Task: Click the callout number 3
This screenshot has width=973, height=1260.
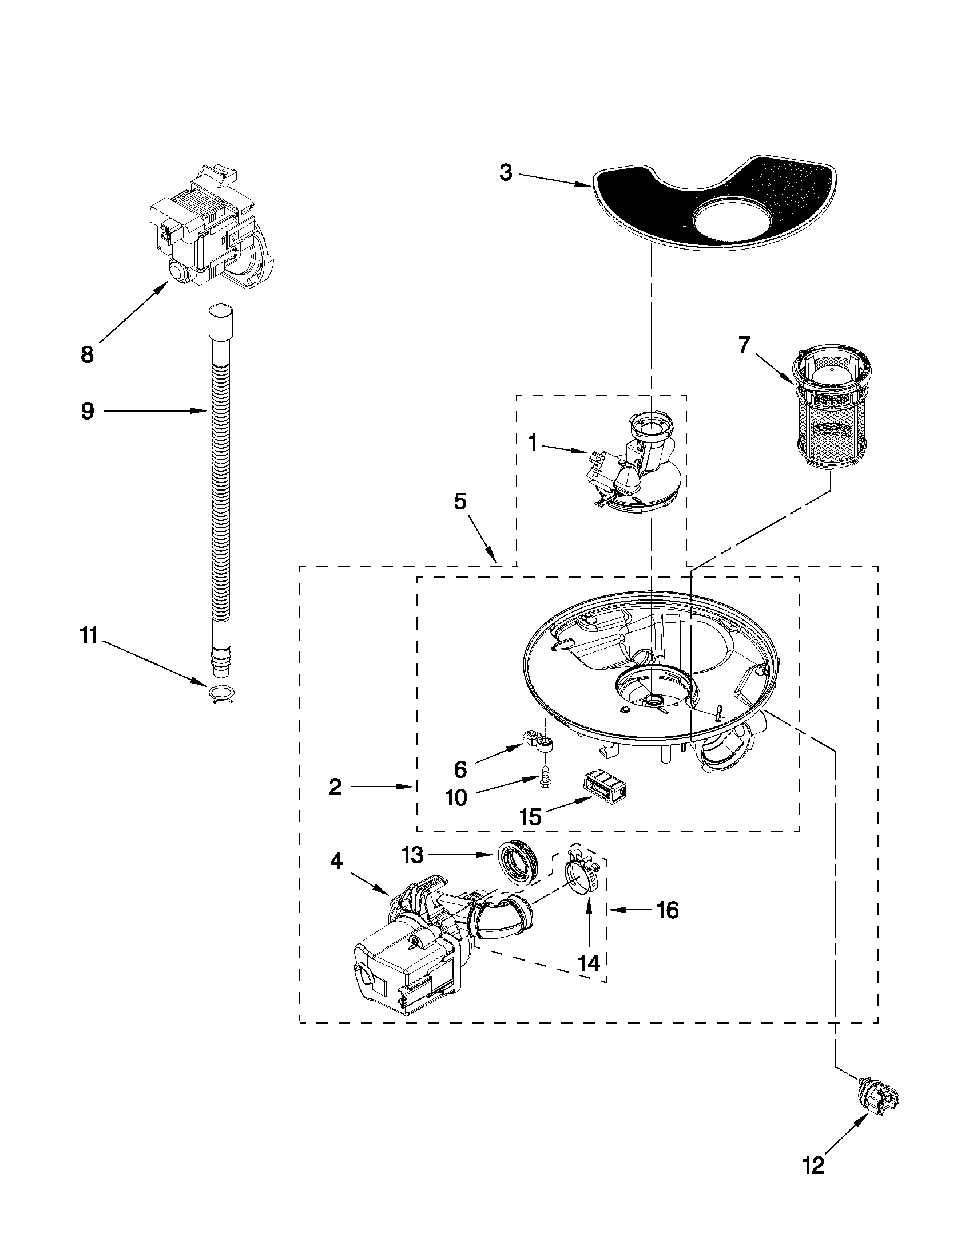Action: tap(506, 172)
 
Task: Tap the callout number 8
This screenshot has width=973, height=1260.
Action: tap(87, 354)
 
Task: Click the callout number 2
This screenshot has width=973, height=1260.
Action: tap(335, 787)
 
